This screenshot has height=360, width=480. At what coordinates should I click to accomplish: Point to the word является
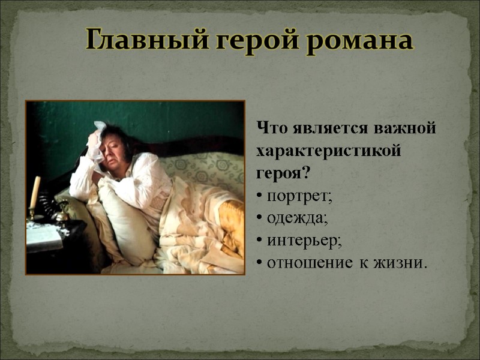pos(329,129)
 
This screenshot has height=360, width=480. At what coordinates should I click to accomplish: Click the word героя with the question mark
pos(283,174)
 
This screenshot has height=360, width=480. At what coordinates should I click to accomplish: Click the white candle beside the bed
pos(35,192)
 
